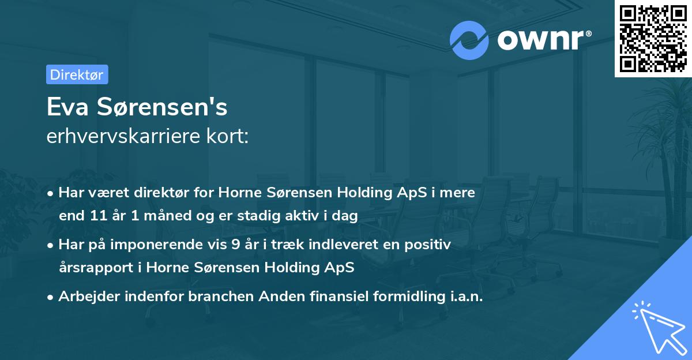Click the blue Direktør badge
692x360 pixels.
pos(77,74)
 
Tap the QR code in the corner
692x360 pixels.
pos(652,38)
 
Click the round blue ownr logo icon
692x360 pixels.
pos(470,40)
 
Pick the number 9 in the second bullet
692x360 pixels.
pos(236,245)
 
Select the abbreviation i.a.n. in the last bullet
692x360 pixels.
pos(465,297)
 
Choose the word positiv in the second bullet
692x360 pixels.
pos(430,245)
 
